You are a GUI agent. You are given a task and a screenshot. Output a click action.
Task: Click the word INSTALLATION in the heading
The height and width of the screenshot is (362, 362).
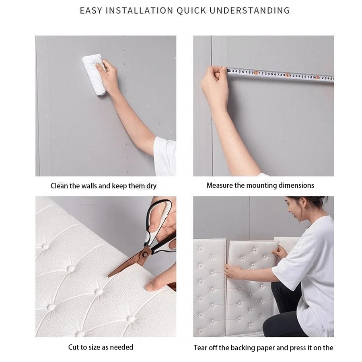coord(139,10)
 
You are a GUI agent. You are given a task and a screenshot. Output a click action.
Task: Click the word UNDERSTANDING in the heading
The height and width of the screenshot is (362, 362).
coord(250,10)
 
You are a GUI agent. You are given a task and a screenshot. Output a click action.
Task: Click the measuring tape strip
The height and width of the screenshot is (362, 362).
coord(282,75)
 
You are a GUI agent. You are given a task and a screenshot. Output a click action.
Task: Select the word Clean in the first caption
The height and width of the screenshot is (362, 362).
coord(59,186)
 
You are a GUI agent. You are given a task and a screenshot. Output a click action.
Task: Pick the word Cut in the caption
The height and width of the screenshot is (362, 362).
coord(74,347)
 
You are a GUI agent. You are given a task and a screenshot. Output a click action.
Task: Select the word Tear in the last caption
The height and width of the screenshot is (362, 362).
coord(201,348)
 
